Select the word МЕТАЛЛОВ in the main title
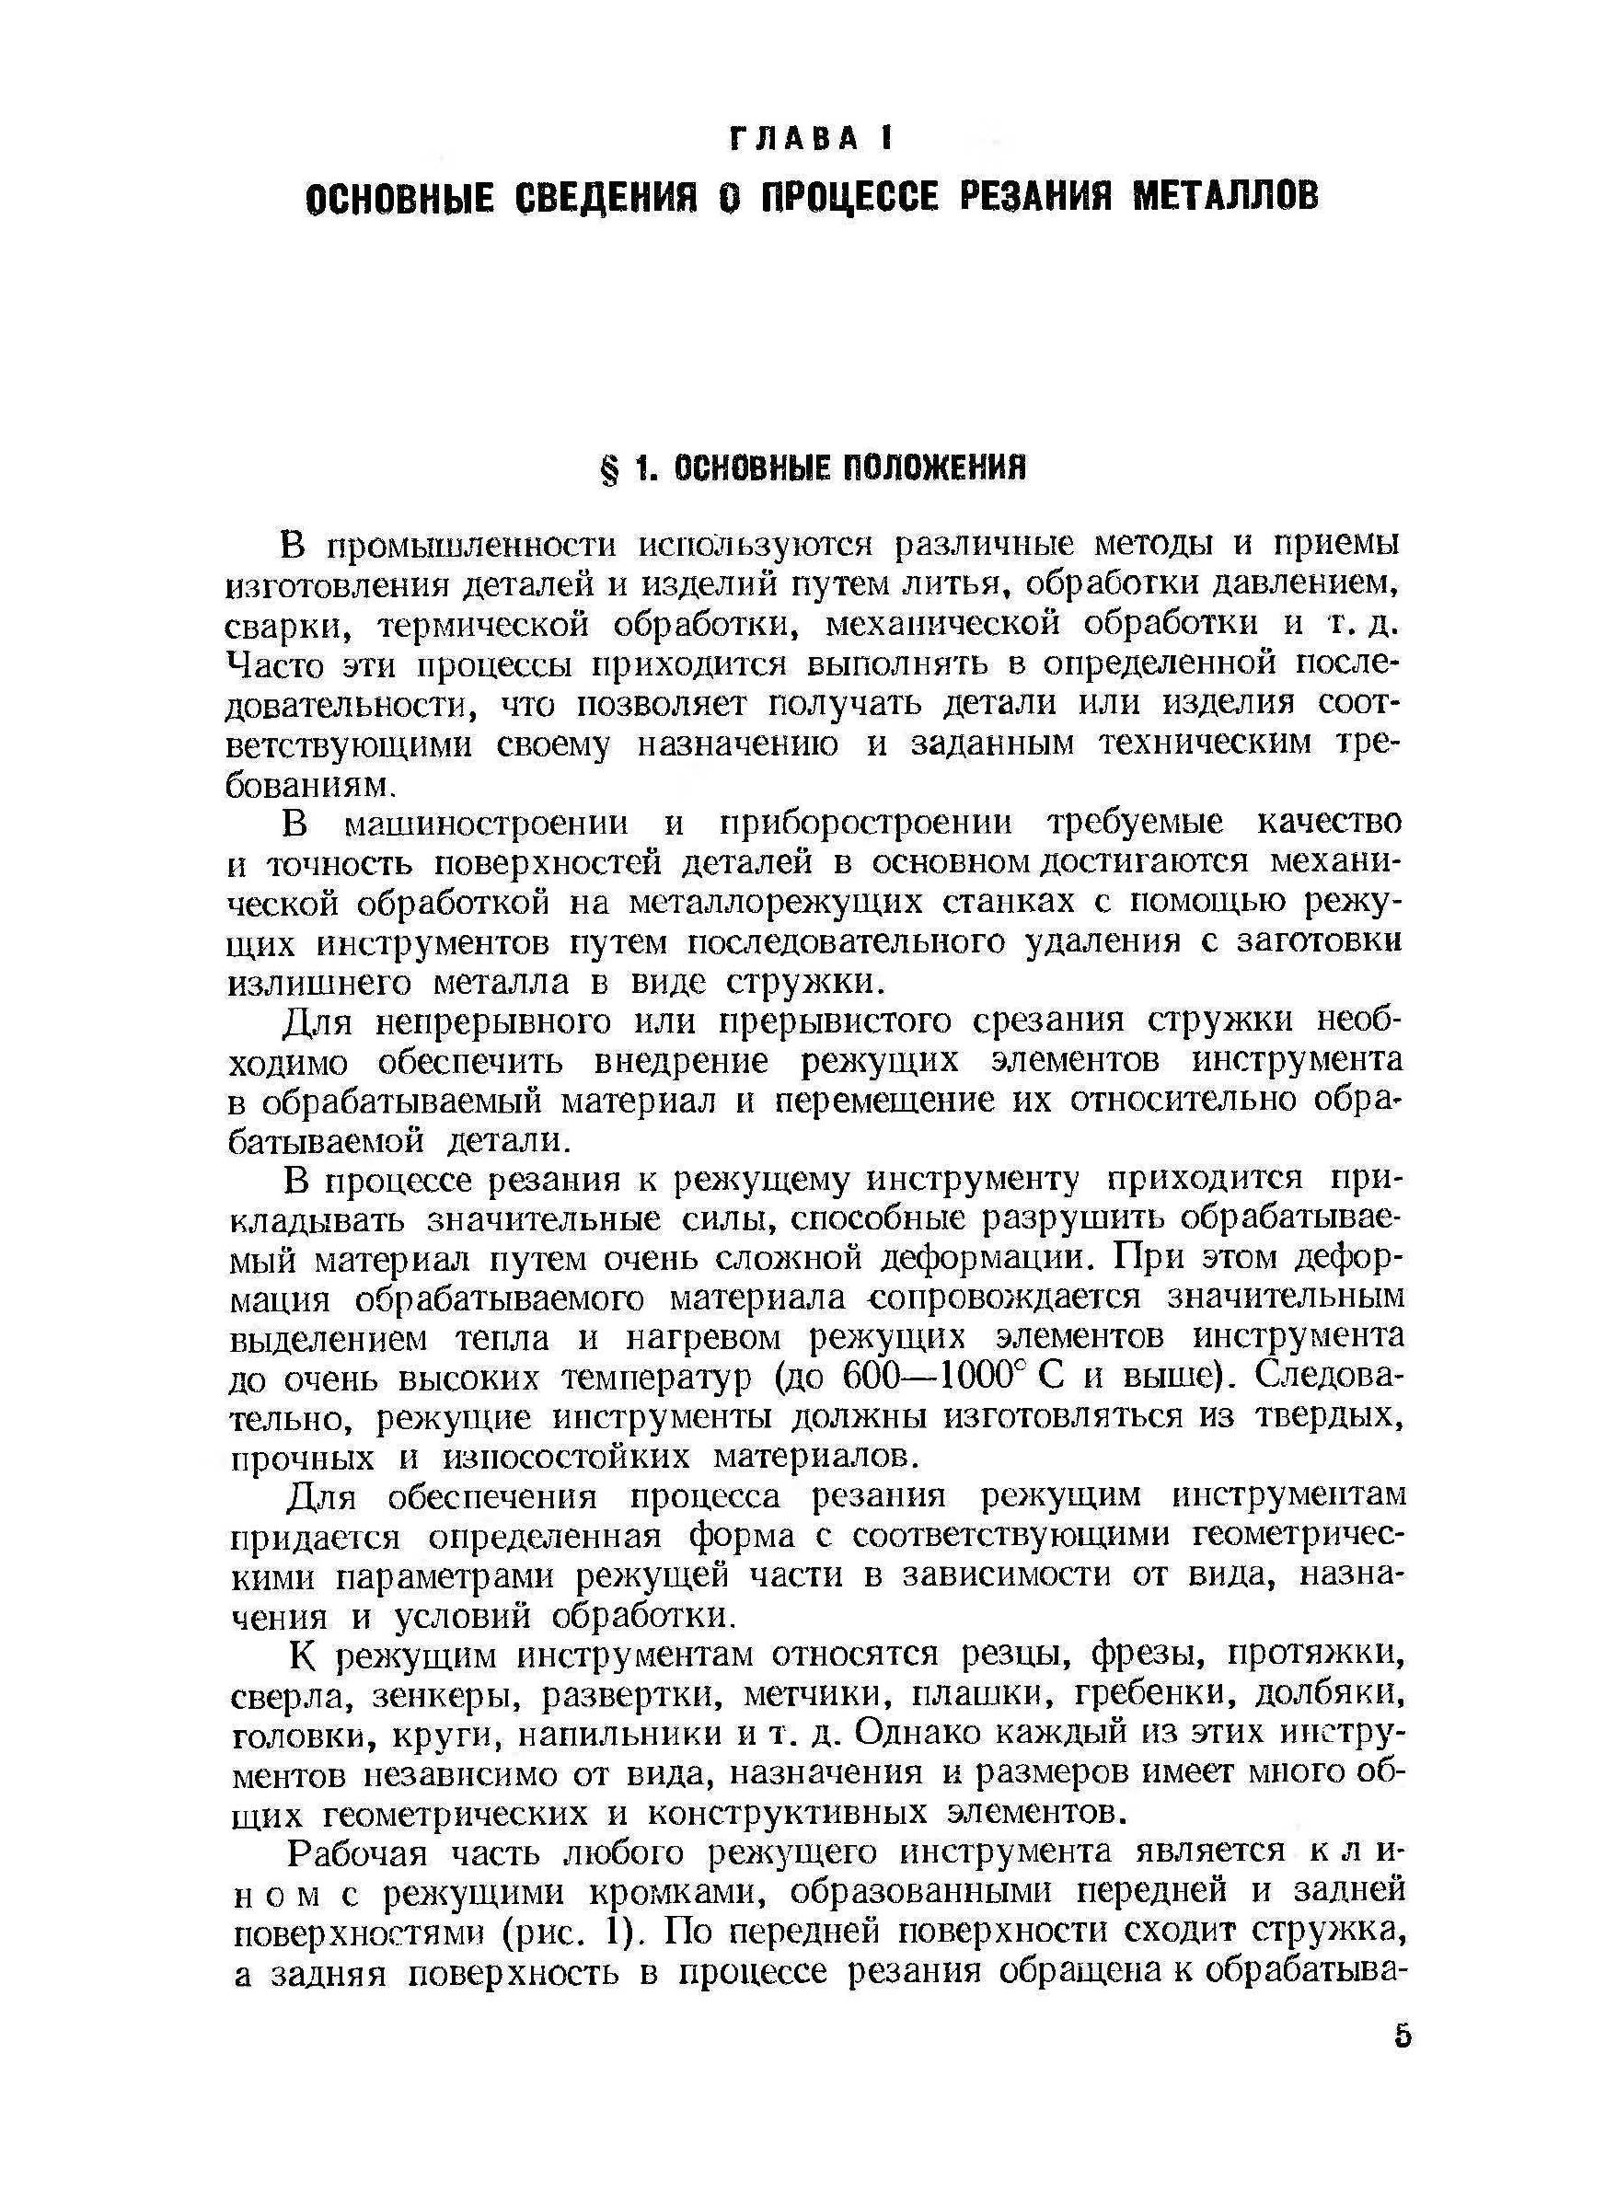click(x=1227, y=197)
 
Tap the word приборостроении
click(x=867, y=824)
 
